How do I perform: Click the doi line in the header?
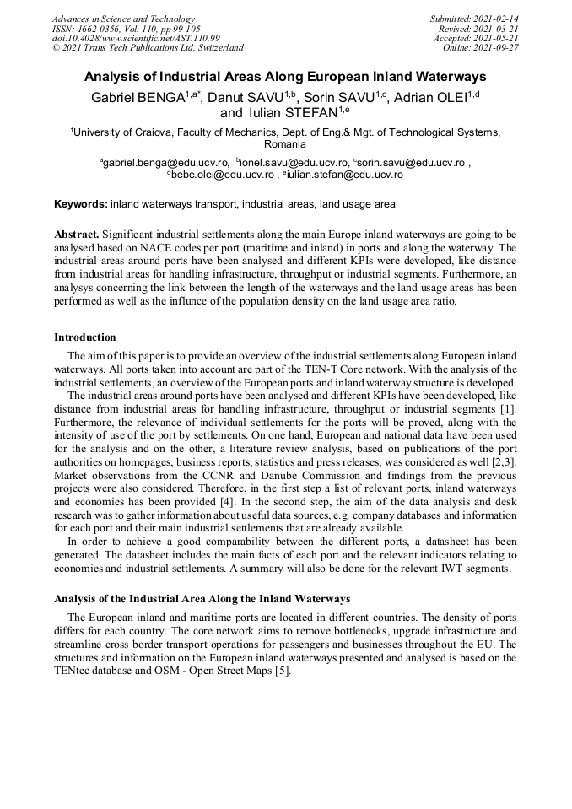[136, 39]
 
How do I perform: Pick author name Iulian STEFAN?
[292, 113]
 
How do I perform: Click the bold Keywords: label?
[81, 204]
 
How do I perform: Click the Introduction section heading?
[85, 337]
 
